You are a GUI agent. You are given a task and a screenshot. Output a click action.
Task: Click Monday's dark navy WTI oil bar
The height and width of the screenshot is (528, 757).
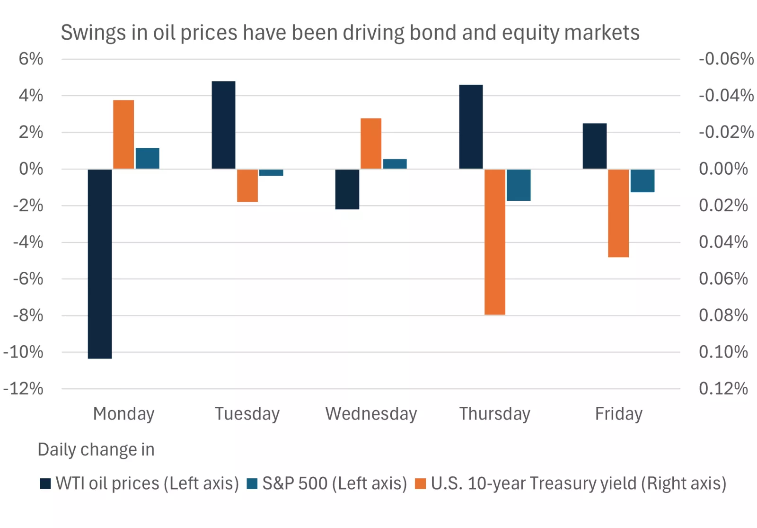(100, 263)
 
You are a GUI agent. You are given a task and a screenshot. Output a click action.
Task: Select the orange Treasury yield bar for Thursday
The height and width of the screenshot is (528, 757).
(495, 242)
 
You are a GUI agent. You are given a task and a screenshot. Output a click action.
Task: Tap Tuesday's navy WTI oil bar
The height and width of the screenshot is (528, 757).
(223, 125)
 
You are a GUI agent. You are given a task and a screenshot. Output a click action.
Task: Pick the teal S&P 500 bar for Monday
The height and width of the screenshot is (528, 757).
(148, 158)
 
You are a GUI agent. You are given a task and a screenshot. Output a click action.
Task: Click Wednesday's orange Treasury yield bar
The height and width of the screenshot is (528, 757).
(371, 143)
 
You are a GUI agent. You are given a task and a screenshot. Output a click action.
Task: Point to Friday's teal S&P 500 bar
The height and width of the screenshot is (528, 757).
(643, 180)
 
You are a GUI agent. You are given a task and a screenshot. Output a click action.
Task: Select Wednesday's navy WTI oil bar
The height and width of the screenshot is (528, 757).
(347, 189)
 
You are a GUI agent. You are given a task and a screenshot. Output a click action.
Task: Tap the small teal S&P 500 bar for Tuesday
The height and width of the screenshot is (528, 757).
(271, 172)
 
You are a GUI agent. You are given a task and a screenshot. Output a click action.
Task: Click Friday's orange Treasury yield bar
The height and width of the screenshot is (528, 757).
(618, 213)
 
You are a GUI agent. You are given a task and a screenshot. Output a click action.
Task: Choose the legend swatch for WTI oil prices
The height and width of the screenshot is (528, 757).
(45, 483)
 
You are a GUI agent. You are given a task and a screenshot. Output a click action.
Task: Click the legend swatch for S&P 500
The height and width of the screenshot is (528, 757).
(252, 483)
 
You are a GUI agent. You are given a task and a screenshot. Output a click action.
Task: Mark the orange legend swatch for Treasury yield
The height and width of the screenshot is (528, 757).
(420, 483)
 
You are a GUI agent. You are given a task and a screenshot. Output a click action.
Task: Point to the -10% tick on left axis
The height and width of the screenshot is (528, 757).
(23, 352)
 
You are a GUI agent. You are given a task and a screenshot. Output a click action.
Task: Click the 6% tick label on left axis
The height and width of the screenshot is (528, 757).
(31, 59)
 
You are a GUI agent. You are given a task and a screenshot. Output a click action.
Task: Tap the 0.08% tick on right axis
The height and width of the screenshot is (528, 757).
(723, 315)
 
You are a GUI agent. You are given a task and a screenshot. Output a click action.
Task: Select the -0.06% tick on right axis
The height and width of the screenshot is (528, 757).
(726, 59)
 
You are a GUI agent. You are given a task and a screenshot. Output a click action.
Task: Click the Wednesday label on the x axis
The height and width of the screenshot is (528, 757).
(371, 413)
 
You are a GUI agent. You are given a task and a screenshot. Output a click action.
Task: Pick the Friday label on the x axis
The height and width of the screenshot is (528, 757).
(618, 413)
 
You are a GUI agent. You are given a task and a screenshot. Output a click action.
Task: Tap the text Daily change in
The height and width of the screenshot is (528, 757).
(96, 449)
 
